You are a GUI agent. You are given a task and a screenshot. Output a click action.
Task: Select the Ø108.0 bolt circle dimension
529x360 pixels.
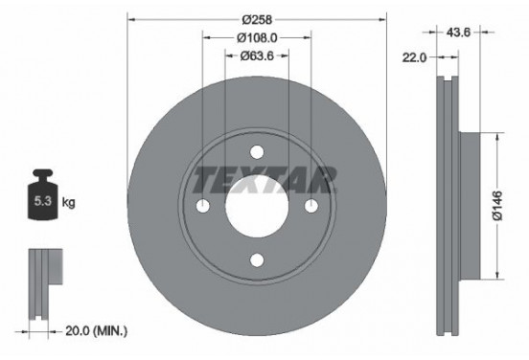(x=257, y=38)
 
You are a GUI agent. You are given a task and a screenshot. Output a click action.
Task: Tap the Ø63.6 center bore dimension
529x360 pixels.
(x=257, y=56)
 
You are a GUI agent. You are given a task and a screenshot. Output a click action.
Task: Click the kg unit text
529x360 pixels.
(x=69, y=204)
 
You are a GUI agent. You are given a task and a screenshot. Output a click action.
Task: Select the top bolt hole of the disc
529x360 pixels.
(x=257, y=151)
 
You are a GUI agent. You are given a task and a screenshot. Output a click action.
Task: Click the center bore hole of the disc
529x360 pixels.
(x=257, y=206)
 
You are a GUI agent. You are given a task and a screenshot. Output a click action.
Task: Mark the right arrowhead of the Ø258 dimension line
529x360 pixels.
(x=383, y=20)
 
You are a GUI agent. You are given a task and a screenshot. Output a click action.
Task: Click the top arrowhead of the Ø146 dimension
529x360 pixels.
(x=495, y=137)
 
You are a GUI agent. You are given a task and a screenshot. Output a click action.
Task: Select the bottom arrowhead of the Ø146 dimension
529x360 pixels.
(x=495, y=276)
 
